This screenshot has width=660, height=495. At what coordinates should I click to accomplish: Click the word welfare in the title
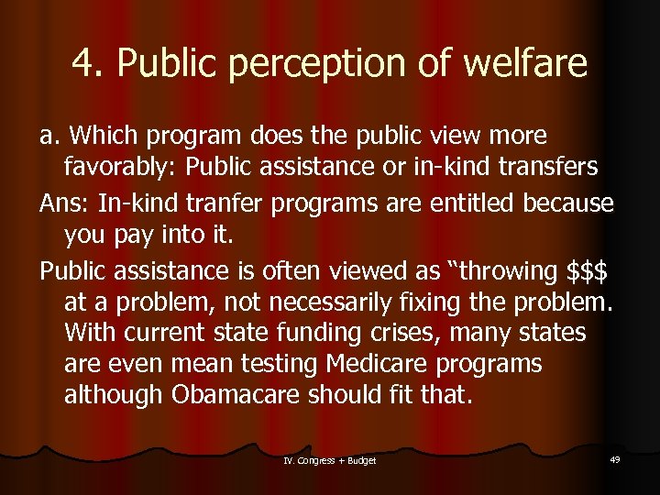point(524,63)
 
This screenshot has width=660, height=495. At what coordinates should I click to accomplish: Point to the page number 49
point(614,458)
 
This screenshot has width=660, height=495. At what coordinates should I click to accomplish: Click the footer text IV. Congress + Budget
point(330,459)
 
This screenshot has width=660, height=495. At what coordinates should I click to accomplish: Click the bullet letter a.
point(48,136)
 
